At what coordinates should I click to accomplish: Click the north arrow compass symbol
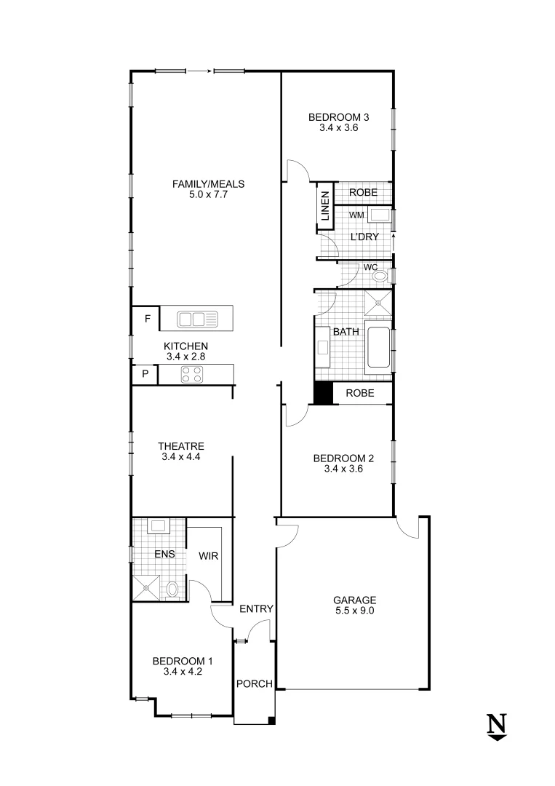point(497,727)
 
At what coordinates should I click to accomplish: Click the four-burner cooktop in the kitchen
point(193,374)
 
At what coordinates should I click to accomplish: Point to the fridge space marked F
point(148,319)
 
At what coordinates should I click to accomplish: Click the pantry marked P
point(145,374)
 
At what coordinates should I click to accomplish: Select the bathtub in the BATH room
point(378,348)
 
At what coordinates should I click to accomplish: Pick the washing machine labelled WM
point(378,215)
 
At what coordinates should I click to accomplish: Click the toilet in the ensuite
point(172,588)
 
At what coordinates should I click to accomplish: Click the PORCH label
point(255,684)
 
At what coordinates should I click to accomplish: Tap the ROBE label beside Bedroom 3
point(362,193)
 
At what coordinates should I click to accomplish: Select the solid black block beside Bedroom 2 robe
point(322,393)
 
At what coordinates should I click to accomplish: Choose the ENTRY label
point(256,609)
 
